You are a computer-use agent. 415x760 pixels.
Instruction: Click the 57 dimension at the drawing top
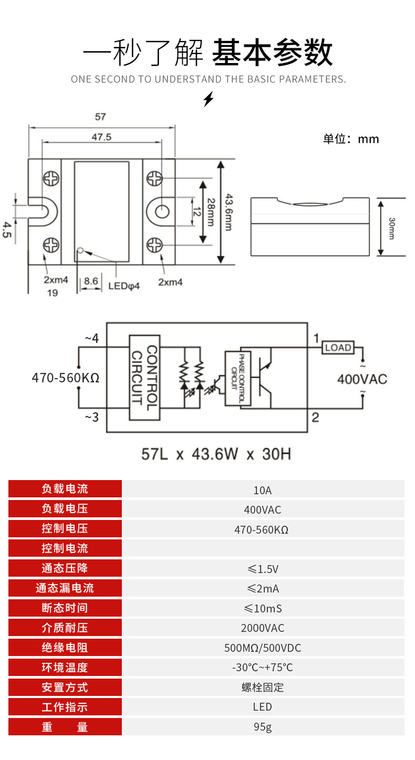pos(100,117)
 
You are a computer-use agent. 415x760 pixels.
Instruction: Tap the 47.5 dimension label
pos(101,137)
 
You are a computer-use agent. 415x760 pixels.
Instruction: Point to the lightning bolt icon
pos(209,99)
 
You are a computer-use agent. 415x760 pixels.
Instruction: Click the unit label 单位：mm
pos(350,139)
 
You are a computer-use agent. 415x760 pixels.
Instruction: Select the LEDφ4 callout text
pos(124,286)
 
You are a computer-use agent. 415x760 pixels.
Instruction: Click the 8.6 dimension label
pos(91,282)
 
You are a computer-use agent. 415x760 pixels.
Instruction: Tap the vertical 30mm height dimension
pos(391,227)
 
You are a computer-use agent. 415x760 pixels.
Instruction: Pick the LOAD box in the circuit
pos(338,347)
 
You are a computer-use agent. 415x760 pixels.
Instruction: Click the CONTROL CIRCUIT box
pos(144,377)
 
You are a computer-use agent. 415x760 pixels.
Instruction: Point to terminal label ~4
pos(91,338)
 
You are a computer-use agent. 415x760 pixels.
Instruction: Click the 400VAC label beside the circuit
pos(362,379)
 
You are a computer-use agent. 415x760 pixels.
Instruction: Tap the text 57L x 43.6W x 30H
pos(216,454)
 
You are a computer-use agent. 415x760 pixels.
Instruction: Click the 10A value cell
pos(263,491)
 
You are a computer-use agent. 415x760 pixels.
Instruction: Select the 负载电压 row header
pos(65,509)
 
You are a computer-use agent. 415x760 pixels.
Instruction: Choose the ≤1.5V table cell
pos(263,569)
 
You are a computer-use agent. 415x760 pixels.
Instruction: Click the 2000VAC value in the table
pos(263,628)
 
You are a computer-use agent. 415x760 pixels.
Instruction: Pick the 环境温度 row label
pos(65,668)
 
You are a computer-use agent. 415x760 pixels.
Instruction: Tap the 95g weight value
pos(263,727)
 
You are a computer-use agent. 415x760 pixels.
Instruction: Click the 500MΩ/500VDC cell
pos(263,648)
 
